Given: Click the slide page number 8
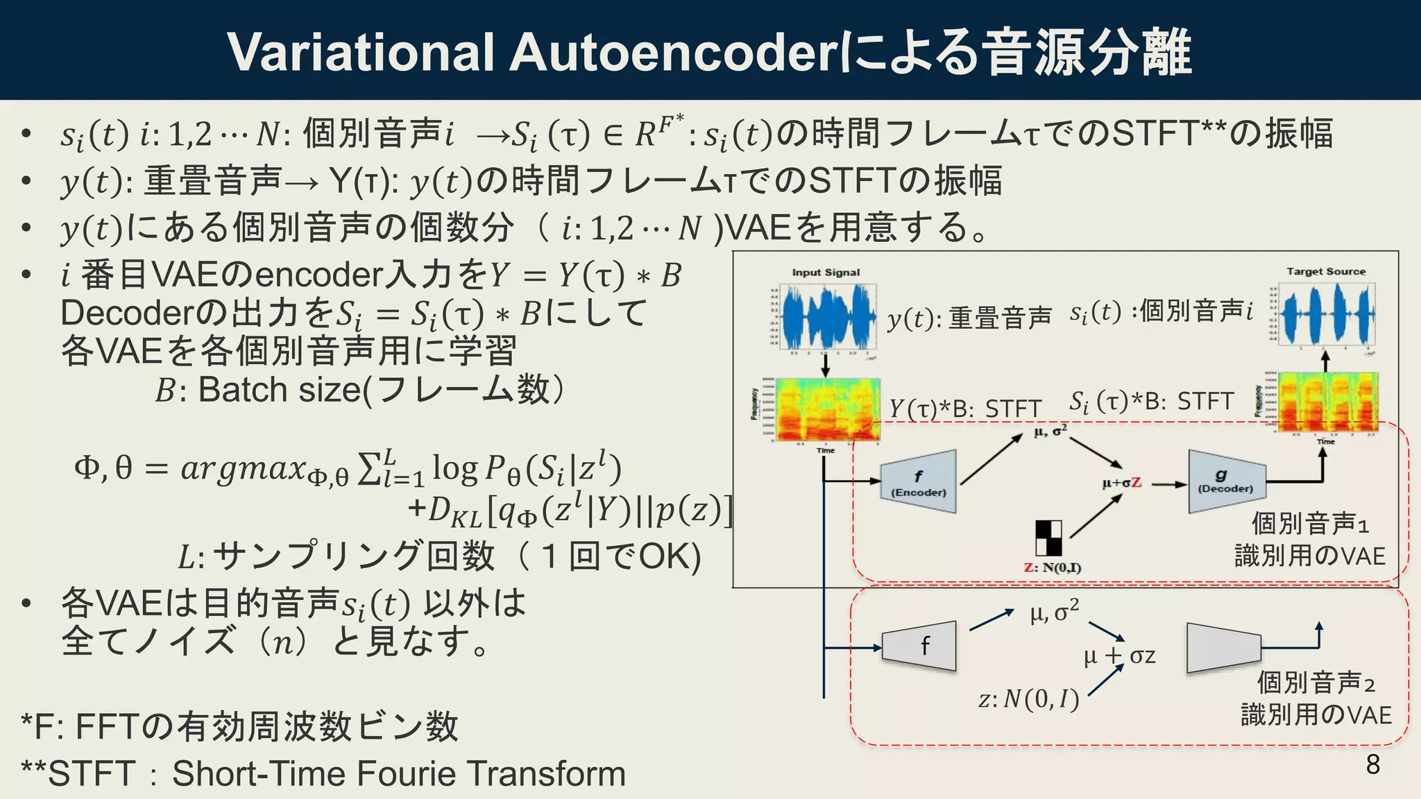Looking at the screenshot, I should click(1372, 764).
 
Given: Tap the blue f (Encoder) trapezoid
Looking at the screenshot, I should click(919, 481).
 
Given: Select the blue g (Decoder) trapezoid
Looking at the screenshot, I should click(1225, 481).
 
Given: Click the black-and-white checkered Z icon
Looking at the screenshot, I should click(1048, 538).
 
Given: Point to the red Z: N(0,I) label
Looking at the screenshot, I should click(1052, 568).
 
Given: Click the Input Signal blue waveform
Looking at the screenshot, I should click(828, 318).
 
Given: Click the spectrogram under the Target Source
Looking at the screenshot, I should click(1327, 402).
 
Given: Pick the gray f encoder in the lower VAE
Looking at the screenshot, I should click(920, 646).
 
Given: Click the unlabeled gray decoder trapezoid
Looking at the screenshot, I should click(1223, 648).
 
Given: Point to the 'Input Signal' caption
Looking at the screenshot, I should click(826, 273).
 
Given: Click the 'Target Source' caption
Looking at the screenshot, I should click(1326, 271).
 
